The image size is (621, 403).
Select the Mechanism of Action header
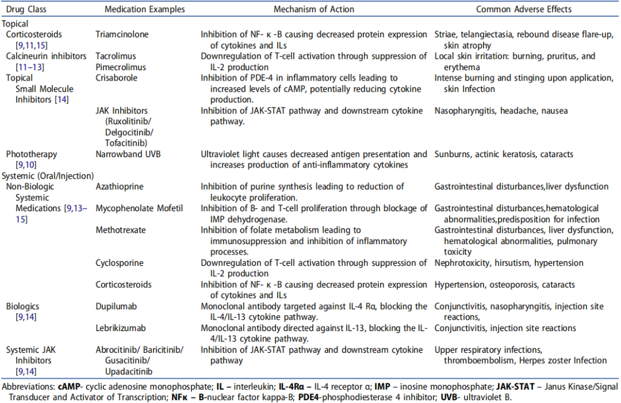[314, 9]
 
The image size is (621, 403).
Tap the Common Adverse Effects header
[524, 9]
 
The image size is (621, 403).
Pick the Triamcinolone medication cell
[122, 35]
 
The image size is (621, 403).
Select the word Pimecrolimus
[120, 67]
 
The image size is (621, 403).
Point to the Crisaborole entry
[117, 78]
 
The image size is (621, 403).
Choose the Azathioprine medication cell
[120, 187]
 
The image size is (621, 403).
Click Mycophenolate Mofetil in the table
[139, 208]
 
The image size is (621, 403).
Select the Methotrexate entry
[121, 230]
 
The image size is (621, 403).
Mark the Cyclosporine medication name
[120, 263]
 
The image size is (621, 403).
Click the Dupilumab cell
[117, 307]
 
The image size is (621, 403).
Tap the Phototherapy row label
[32, 154]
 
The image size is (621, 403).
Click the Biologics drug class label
[22, 307]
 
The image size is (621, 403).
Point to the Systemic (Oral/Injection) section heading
[48, 176]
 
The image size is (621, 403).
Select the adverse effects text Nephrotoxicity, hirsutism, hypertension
[509, 263]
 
